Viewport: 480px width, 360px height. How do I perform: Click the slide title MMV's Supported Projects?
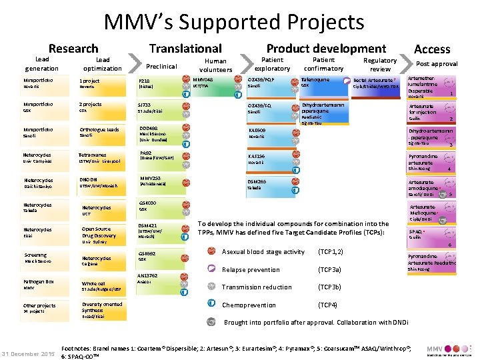[234, 22]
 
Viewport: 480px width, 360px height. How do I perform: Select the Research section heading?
[73, 48]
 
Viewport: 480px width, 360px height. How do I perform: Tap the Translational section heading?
[185, 48]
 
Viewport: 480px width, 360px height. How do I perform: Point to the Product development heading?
[326, 48]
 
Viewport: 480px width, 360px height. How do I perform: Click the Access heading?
[433, 49]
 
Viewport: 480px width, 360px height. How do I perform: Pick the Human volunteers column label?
[216, 65]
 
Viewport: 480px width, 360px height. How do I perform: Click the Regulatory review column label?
[380, 64]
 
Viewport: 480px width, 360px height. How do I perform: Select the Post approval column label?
[437, 64]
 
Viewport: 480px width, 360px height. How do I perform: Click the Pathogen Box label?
[39, 281]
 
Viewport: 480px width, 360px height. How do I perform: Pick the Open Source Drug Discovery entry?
[98, 232]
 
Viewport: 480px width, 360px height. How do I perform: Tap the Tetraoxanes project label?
[93, 154]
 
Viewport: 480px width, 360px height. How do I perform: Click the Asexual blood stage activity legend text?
[263, 251]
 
